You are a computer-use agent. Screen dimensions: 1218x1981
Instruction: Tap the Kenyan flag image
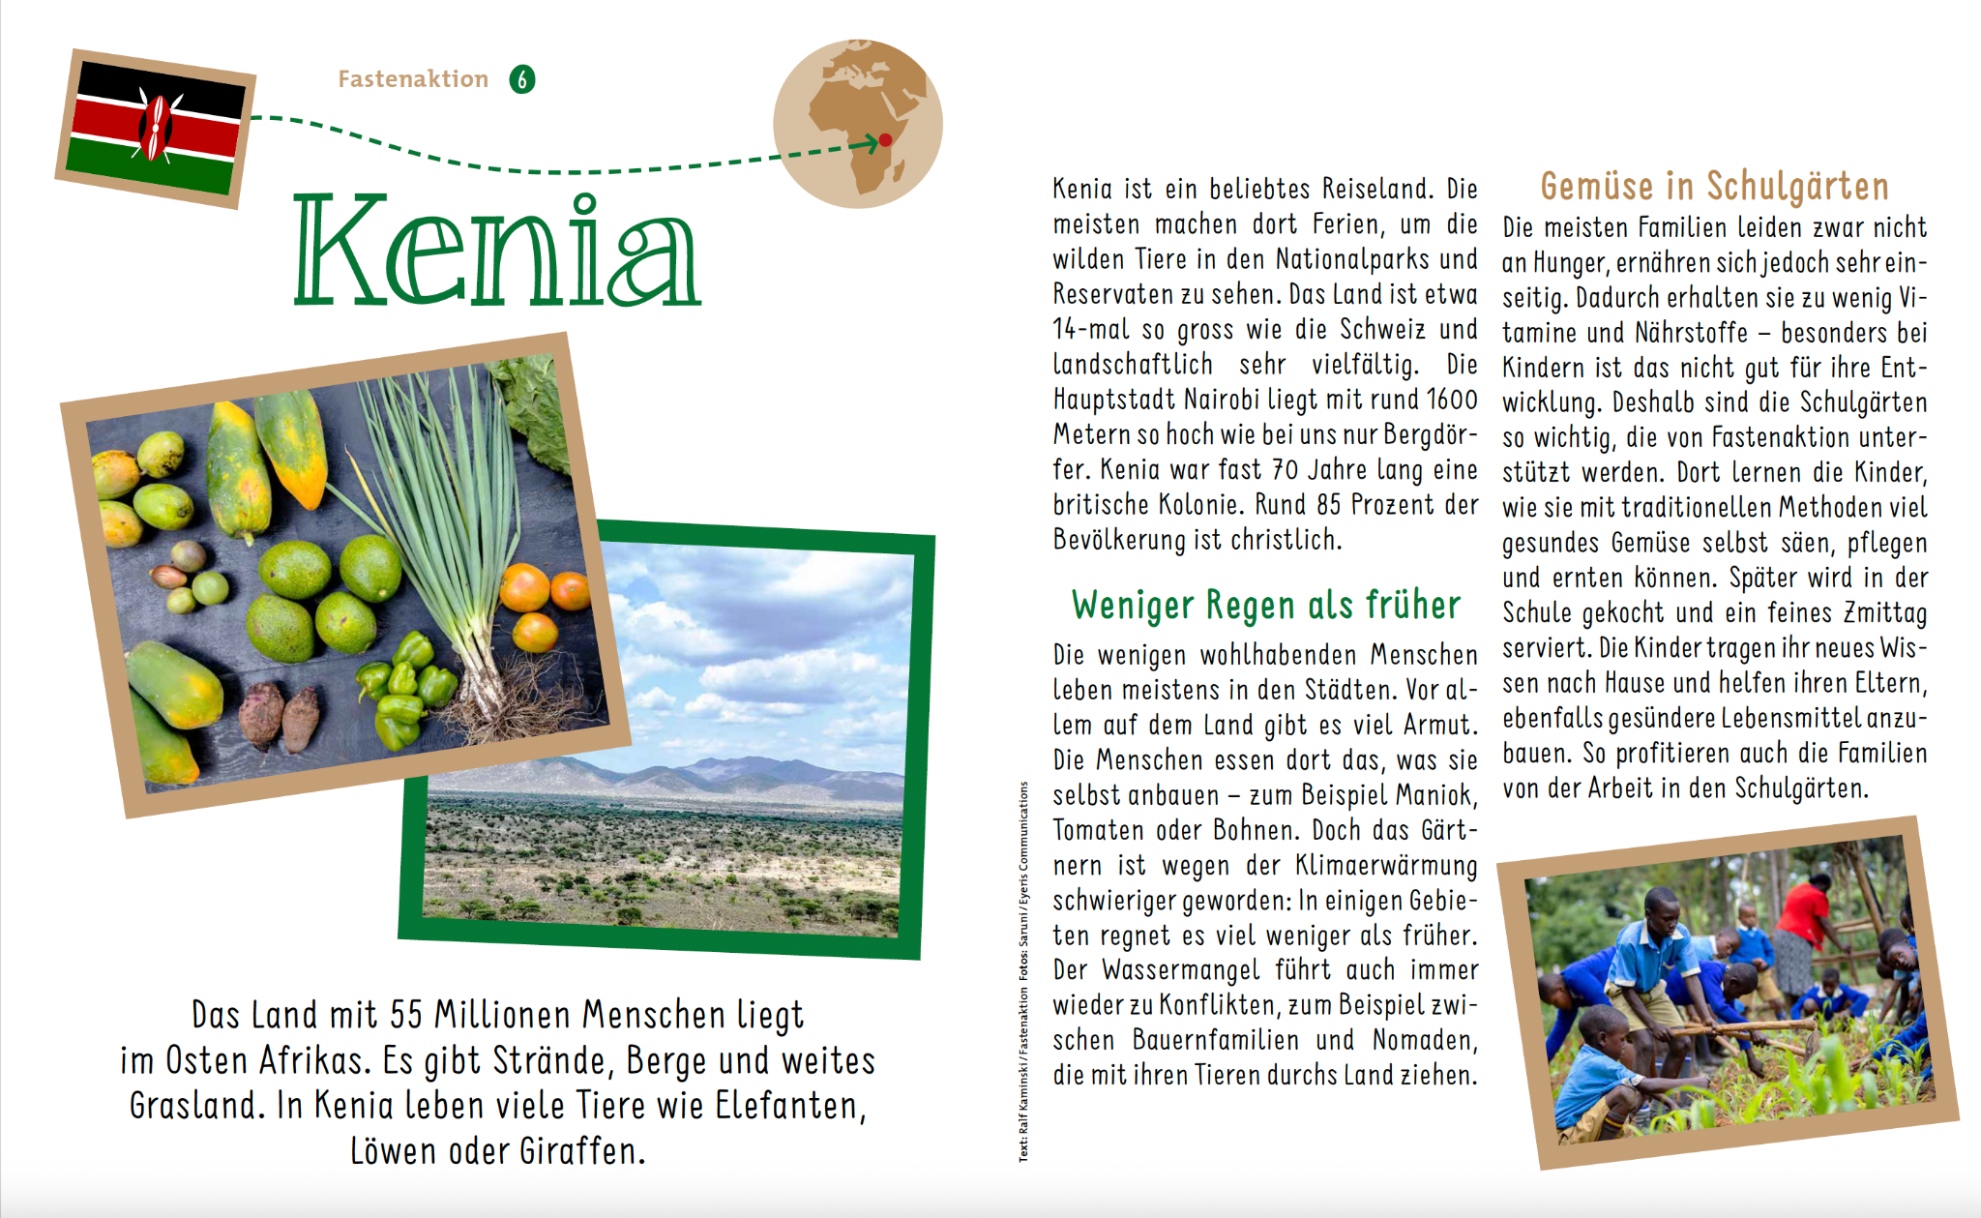click(155, 128)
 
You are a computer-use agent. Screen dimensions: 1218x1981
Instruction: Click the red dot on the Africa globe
click(884, 140)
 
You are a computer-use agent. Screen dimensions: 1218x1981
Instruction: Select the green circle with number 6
click(522, 79)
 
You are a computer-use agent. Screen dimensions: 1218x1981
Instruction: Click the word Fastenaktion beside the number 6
click(413, 79)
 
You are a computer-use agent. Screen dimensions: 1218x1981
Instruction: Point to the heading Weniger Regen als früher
click(1265, 606)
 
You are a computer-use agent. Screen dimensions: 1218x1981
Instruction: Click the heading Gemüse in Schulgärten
click(1714, 186)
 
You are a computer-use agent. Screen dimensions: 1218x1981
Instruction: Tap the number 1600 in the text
click(1452, 400)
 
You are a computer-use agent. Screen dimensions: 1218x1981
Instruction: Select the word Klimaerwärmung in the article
click(1386, 865)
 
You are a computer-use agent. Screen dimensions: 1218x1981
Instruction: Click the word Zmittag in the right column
click(1885, 613)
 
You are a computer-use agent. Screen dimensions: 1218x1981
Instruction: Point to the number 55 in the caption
click(406, 1015)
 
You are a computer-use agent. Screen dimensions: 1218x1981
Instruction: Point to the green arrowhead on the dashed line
click(868, 144)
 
